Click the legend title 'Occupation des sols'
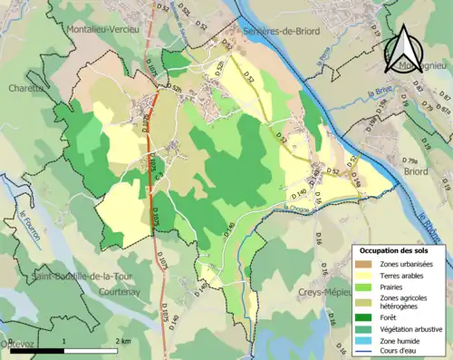(x=393, y=249)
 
